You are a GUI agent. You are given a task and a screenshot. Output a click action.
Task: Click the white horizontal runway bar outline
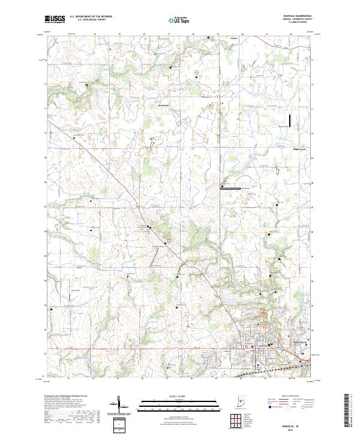pyautogui.click(x=230, y=188)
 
